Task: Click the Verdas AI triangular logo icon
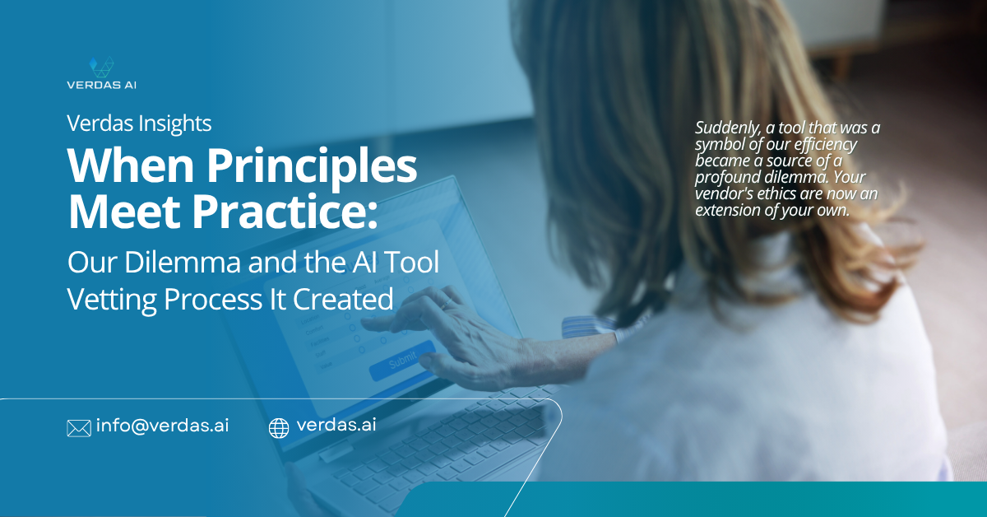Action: [101, 67]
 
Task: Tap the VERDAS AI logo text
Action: [101, 85]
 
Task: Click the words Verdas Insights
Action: [139, 123]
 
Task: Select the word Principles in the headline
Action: [312, 165]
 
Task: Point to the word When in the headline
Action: [131, 165]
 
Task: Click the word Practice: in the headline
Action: [285, 212]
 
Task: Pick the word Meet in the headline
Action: [123, 212]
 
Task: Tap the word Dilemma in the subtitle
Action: [183, 262]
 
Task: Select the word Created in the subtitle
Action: [343, 300]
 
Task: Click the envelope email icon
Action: [79, 428]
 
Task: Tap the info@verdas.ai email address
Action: [162, 426]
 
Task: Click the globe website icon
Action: [279, 428]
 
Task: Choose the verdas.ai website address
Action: [336, 425]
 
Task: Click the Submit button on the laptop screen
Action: [402, 361]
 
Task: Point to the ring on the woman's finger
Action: [447, 303]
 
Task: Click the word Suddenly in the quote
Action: [728, 128]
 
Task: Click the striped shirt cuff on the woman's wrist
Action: [591, 328]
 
